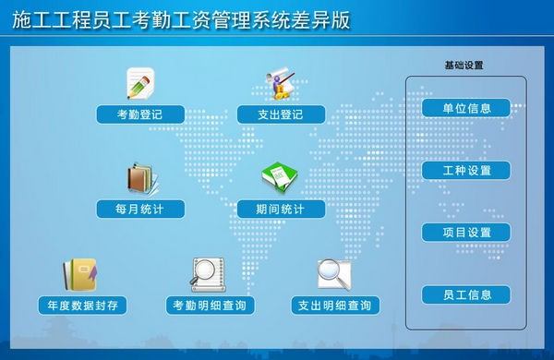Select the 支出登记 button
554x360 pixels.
pyautogui.click(x=281, y=114)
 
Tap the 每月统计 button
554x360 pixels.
pyautogui.click(x=140, y=209)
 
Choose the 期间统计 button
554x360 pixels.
pyautogui.click(x=281, y=209)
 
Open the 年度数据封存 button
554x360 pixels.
pyautogui.click(x=81, y=305)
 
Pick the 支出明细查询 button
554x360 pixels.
pyautogui.click(x=334, y=305)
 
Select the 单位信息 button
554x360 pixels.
pyautogui.click(x=465, y=108)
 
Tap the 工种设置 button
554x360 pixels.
pyautogui.click(x=465, y=171)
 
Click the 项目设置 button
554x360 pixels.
pyautogui.click(x=465, y=233)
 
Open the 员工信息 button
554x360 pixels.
pyautogui.click(x=465, y=295)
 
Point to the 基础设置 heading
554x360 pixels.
pyautogui.click(x=464, y=66)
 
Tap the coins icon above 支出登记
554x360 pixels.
pyautogui.click(x=281, y=83)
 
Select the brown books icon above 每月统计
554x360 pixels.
pyautogui.click(x=140, y=178)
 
